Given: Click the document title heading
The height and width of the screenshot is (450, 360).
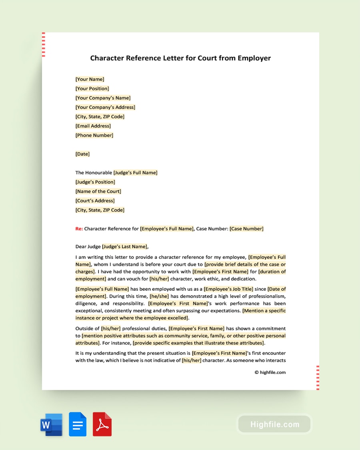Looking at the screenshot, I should pos(180,58).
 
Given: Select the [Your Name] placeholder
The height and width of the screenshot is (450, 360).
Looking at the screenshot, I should pos(90,79).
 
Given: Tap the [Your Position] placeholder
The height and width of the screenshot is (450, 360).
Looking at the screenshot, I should pos(92,88).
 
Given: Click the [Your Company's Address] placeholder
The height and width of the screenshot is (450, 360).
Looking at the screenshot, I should pos(105,107).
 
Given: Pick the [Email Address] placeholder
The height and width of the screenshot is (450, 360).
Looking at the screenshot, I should pos(93,126).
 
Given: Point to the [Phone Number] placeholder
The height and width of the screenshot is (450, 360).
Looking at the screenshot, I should pos(94,135).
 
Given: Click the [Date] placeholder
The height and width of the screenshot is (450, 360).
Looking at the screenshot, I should pos(82,154).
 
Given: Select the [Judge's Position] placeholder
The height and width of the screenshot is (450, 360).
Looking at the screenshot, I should pos(95,182).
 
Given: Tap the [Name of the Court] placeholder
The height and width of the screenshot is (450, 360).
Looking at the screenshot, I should pos(98,191).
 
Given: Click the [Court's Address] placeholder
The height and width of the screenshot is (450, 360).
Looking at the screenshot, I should pos(95,201).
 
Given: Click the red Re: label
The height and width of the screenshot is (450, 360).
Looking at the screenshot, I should pos(79,229).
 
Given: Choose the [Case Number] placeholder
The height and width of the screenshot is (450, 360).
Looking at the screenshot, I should pos(246,229).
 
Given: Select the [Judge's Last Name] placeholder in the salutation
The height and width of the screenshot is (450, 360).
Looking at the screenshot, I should pos(125,246).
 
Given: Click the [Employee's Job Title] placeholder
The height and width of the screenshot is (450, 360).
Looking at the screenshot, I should pos(228,289).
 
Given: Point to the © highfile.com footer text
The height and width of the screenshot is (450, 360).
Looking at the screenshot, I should pos(270,372).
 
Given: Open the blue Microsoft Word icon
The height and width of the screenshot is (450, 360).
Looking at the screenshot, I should pos(51,424).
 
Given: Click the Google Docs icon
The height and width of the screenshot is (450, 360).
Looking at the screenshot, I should pos(78,424).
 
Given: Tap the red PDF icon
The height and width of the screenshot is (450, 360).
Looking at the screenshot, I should pos(102,424).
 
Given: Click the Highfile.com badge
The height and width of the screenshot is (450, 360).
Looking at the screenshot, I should pos(274,424).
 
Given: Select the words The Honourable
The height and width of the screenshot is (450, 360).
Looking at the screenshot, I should pos(94,173).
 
